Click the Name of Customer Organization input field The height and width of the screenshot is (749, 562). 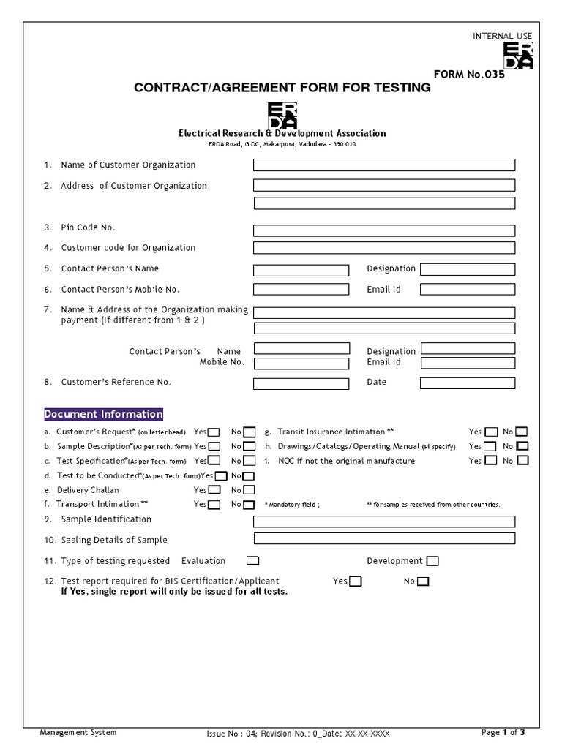click(x=383, y=165)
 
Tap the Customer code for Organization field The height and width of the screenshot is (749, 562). click(x=383, y=248)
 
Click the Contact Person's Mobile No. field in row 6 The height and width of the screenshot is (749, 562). click(x=301, y=290)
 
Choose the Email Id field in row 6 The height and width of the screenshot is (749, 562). click(x=467, y=290)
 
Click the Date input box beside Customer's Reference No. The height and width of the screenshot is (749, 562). click(x=467, y=383)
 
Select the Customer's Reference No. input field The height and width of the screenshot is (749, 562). click(x=301, y=383)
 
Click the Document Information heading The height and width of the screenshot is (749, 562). click(x=104, y=414)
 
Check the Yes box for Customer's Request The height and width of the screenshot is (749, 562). click(x=214, y=432)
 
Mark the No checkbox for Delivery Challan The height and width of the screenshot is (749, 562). click(x=249, y=490)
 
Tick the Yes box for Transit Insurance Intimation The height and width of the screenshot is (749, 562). click(x=491, y=432)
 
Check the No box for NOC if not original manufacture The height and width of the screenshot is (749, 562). click(x=522, y=461)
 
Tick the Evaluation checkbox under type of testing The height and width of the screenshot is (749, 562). click(x=252, y=561)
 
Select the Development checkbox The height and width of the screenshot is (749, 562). click(x=432, y=561)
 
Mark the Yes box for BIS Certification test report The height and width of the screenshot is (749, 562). click(x=355, y=581)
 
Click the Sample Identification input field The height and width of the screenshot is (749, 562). click(x=383, y=522)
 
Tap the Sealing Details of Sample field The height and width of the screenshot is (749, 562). click(x=383, y=538)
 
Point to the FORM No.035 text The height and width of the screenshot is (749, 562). click(x=469, y=74)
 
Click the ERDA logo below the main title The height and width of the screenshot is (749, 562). click(x=282, y=115)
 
